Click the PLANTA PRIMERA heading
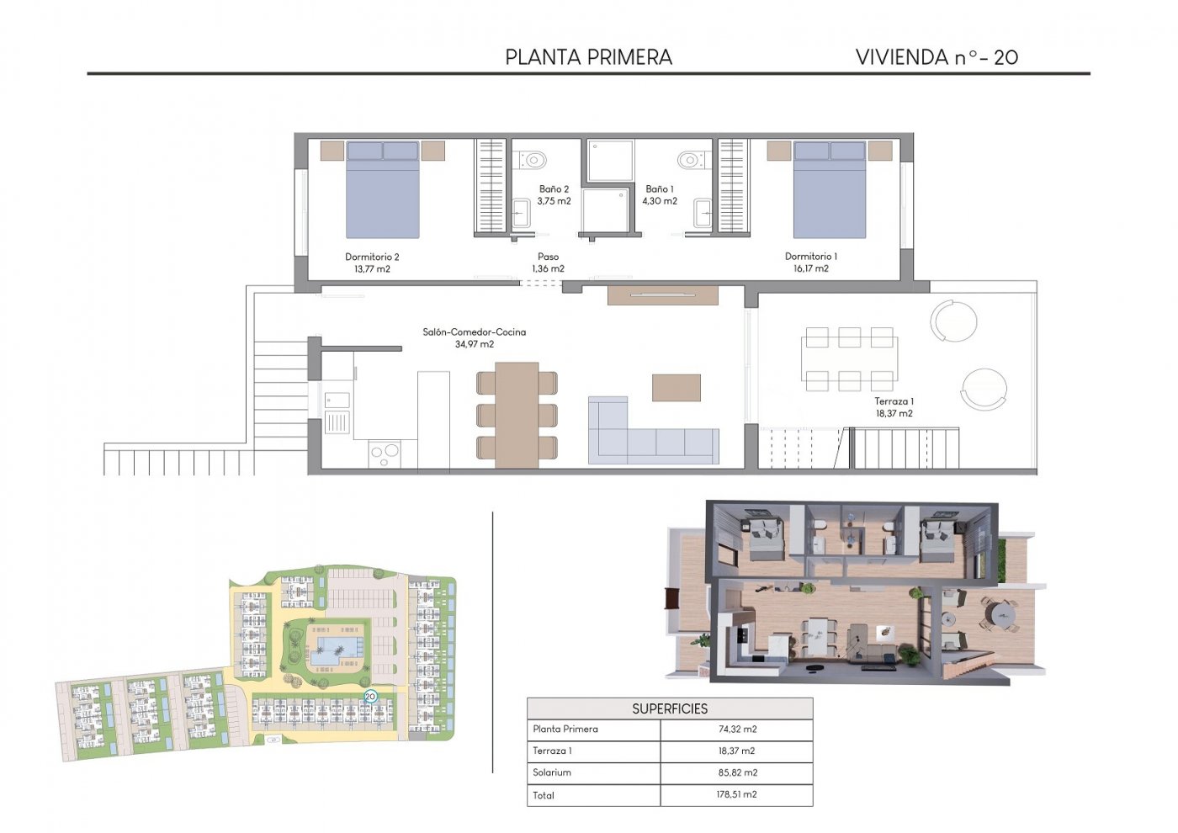[588, 57]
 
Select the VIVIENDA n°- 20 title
[936, 57]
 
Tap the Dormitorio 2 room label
[372, 263]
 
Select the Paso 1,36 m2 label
[548, 263]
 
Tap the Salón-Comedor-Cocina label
[474, 337]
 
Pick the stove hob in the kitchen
[384, 454]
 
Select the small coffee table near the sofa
[676, 388]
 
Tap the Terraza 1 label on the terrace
[894, 407]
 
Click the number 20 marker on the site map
[370, 697]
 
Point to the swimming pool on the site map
[337, 649]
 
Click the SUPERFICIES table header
[670, 708]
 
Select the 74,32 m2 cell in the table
[736, 730]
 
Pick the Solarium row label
[552, 772]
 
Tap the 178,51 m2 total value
[736, 794]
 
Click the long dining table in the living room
[517, 415]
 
